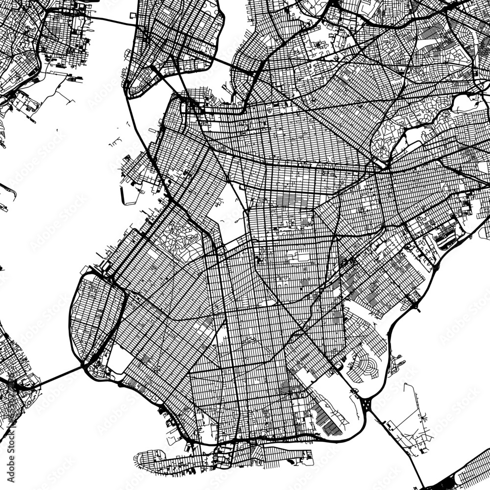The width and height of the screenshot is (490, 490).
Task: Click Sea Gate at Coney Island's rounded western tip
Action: (142, 458)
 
